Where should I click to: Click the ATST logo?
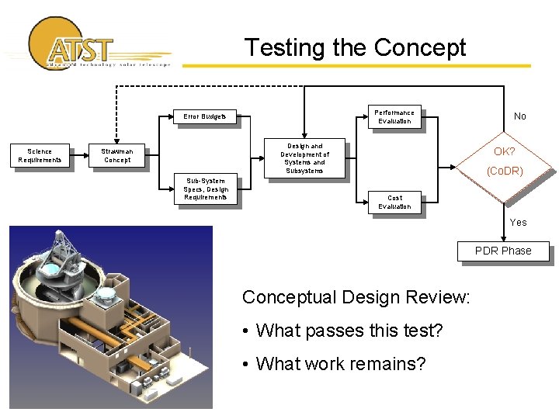pyautogui.click(x=78, y=45)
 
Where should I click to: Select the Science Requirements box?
pyautogui.click(x=40, y=156)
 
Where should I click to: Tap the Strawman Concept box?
pyautogui.click(x=117, y=156)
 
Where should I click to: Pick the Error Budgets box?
pyautogui.click(x=205, y=117)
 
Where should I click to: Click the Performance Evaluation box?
pyautogui.click(x=394, y=117)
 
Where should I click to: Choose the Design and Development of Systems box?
pyautogui.click(x=304, y=158)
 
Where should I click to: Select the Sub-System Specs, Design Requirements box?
pyautogui.click(x=206, y=189)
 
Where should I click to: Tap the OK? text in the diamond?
pyautogui.click(x=505, y=151)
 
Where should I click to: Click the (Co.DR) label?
pyautogui.click(x=505, y=171)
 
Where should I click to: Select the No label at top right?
pyautogui.click(x=519, y=116)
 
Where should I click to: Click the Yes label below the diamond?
pyautogui.click(x=518, y=223)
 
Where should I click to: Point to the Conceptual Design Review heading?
pyautogui.click(x=356, y=297)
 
